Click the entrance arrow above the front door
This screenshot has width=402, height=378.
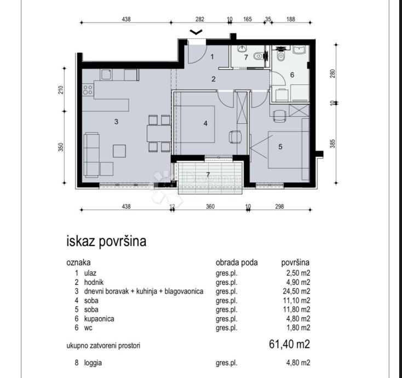[196, 32]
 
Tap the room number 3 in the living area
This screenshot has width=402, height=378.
[116, 122]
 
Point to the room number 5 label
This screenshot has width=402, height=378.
[280, 147]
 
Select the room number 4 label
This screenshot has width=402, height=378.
[205, 123]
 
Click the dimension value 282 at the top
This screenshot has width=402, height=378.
[200, 19]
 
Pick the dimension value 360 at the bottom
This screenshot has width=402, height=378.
[210, 207]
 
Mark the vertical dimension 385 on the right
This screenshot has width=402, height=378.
[332, 144]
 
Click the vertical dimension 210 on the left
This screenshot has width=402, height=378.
[61, 90]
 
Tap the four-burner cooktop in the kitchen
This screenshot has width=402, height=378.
[88, 90]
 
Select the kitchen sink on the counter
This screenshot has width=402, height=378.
[106, 75]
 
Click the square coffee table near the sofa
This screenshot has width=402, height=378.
[119, 151]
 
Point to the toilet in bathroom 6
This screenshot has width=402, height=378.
[281, 56]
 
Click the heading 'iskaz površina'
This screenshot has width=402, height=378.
[106, 241]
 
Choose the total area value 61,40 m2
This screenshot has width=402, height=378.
[289, 344]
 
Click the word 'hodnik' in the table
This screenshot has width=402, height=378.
[94, 282]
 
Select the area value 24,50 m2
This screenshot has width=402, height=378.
[297, 291]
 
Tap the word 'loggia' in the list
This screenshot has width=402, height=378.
[93, 363]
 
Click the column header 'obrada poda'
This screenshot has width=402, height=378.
[237, 262]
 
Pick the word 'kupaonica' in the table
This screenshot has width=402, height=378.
[99, 319]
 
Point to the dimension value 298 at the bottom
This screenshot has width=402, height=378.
[279, 207]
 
